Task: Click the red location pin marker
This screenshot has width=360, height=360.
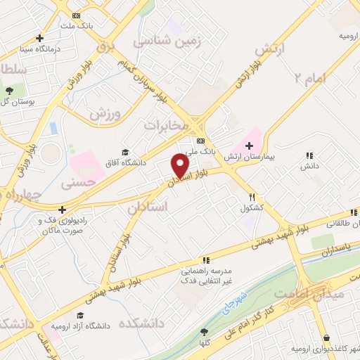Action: click(x=181, y=166)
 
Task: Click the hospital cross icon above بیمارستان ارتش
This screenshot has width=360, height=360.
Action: click(x=249, y=144)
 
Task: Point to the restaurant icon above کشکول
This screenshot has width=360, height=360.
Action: click(x=252, y=198)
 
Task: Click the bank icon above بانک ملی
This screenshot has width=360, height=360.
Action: click(x=200, y=140)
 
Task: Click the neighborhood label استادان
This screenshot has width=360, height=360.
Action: click(x=148, y=207)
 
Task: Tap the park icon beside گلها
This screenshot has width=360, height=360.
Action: click(x=204, y=332)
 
